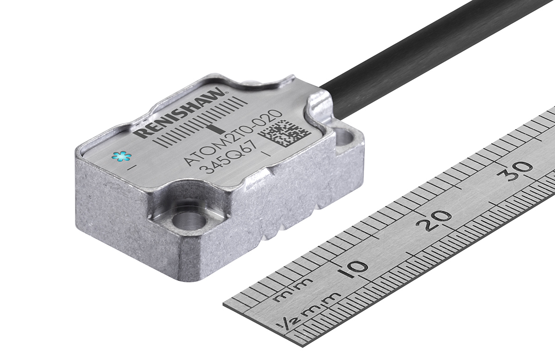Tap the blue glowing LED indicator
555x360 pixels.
121,157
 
